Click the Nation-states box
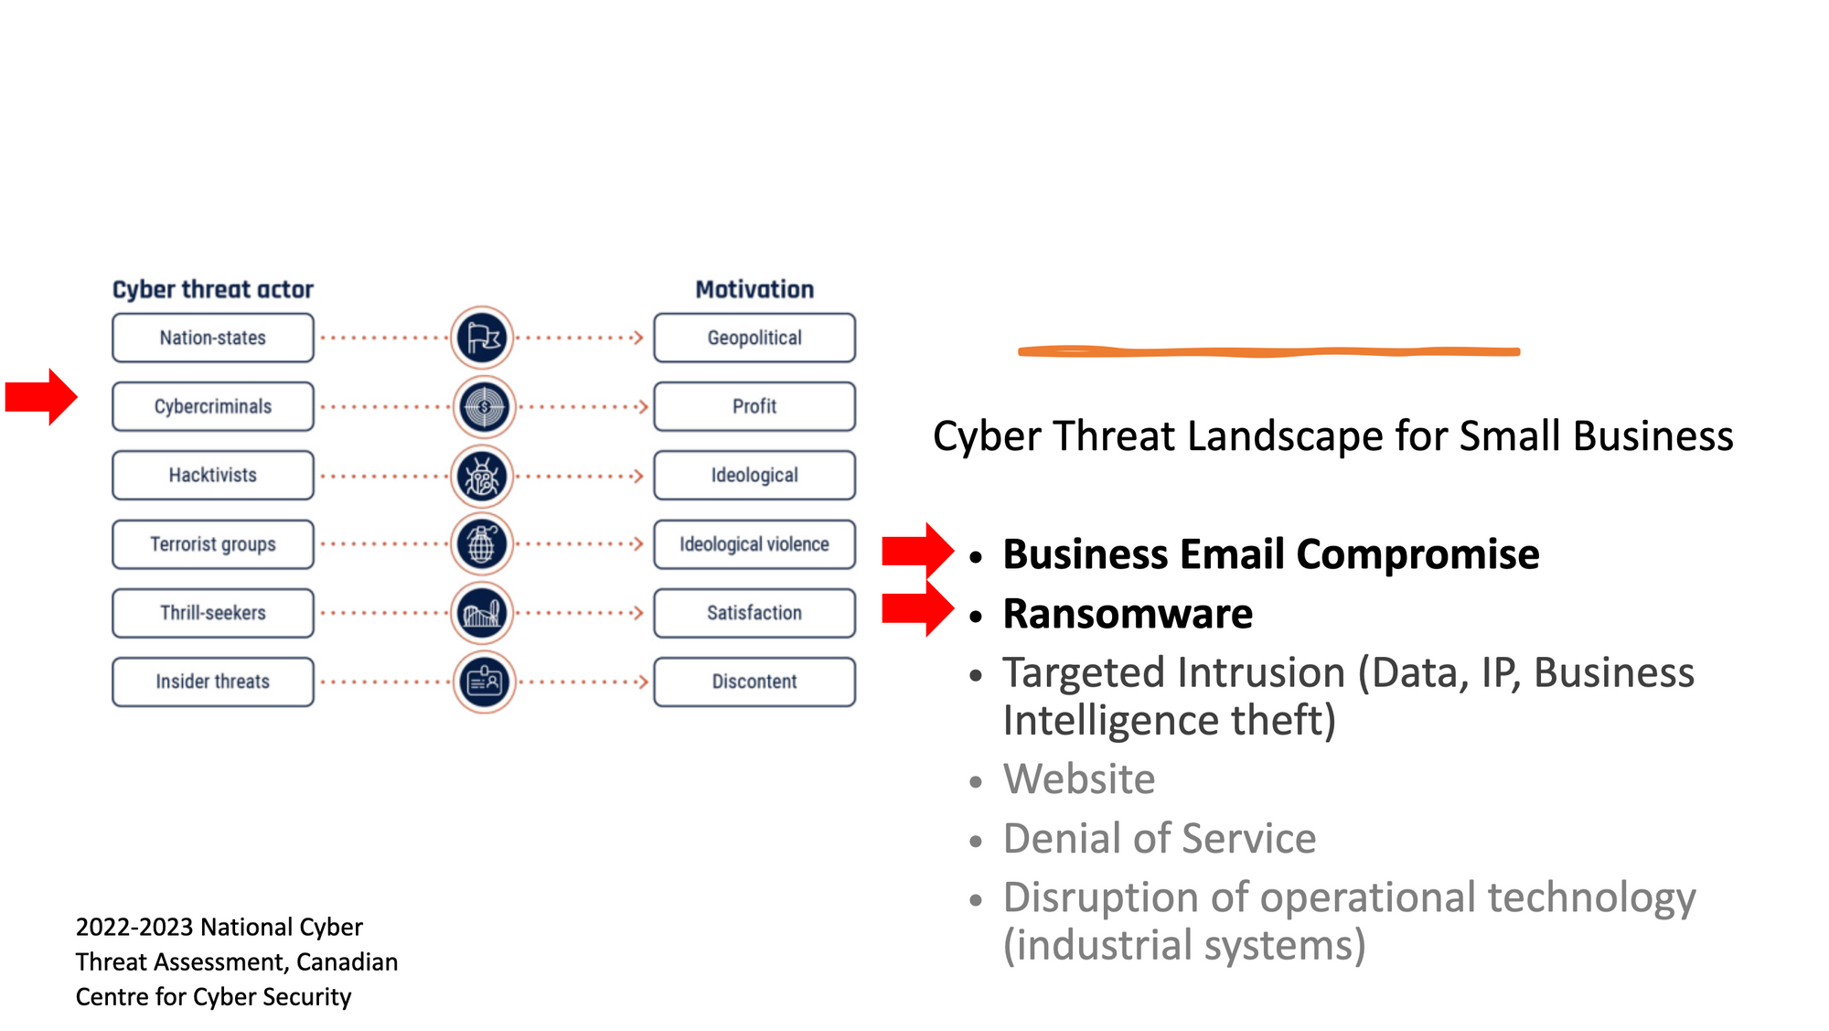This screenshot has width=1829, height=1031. click(212, 338)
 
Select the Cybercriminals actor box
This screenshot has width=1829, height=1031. click(212, 406)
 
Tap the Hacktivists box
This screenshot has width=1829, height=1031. click(212, 475)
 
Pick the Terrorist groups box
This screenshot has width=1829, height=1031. click(212, 544)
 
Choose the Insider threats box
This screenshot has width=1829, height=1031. click(212, 682)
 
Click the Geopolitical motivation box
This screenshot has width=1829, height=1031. click(754, 338)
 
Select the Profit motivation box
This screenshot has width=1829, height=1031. click(754, 406)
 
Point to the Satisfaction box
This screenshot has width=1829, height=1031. click(754, 613)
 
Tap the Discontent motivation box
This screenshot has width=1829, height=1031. click(754, 682)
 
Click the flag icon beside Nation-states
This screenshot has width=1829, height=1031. click(483, 338)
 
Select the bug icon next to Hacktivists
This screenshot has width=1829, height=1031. click(483, 476)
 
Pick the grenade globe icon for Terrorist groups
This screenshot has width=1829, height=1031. click(483, 544)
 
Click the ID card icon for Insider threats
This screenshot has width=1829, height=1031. click(484, 682)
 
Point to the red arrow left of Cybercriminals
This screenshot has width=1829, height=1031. click(41, 397)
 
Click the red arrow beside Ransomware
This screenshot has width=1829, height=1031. click(917, 609)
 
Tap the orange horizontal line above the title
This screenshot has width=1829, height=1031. click(1268, 351)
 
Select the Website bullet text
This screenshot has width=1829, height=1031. click(1079, 779)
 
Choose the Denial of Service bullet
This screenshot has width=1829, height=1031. click(1160, 839)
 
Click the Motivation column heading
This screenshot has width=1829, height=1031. click(754, 289)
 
